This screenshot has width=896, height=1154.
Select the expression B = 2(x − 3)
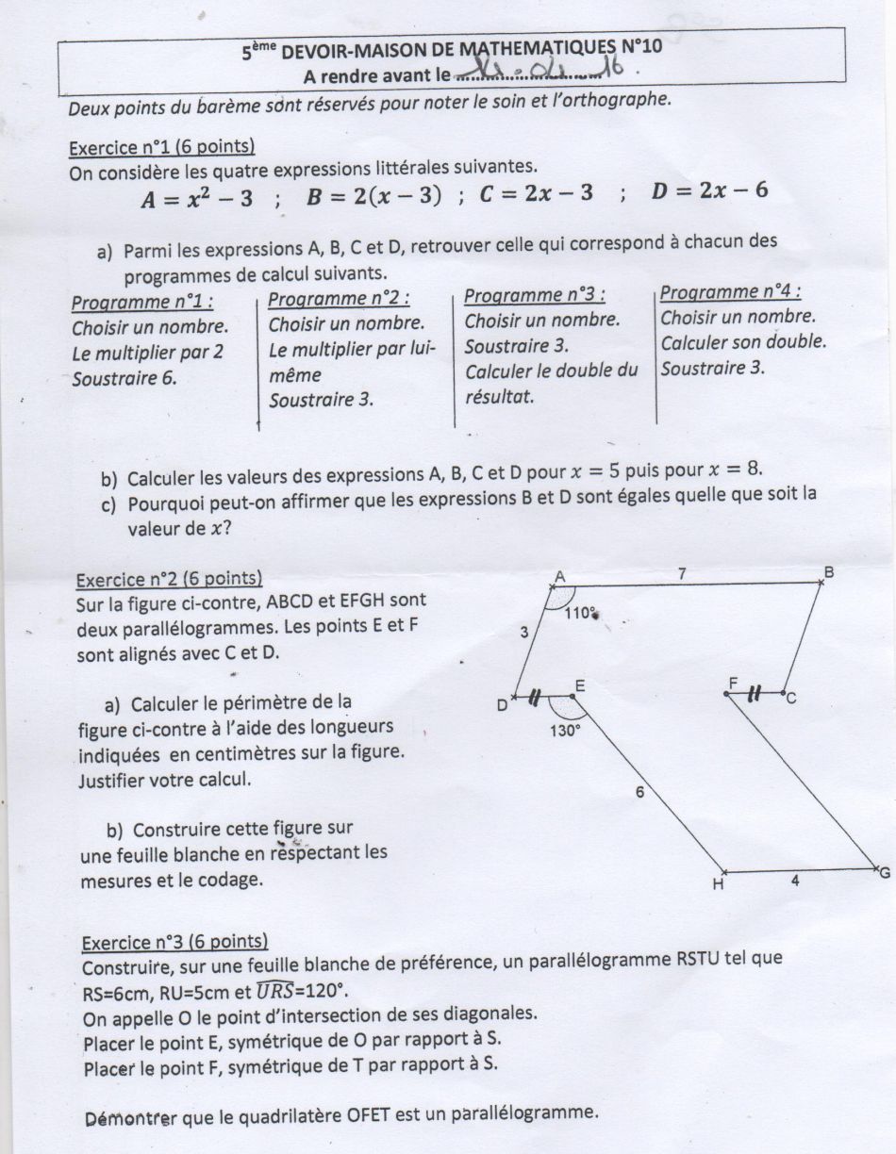coord(374,196)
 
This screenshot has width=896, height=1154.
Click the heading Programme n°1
coord(142,303)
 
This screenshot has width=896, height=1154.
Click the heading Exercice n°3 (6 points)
coord(175,941)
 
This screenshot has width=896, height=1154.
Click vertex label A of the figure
coord(559,577)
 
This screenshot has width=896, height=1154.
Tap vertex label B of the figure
coord(828,572)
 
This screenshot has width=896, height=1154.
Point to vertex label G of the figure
coord(884,873)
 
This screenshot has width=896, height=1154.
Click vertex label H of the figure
coord(718,884)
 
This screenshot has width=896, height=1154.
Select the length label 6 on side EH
coord(639,793)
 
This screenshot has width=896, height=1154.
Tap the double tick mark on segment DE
coord(535,698)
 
